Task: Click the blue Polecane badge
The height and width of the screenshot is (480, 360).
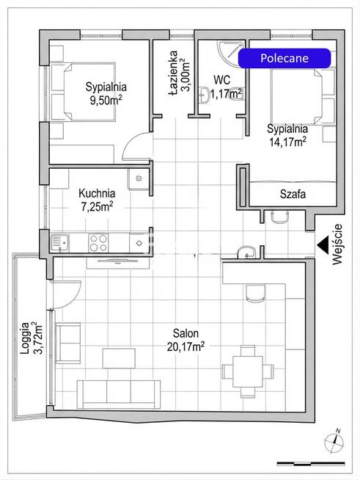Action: point(284,58)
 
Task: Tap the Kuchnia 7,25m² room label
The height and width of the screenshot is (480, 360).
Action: point(97,200)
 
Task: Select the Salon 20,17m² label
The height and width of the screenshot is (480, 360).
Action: point(185,340)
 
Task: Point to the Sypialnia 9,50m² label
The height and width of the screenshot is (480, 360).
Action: point(106,93)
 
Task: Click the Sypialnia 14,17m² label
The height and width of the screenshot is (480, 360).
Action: point(287,135)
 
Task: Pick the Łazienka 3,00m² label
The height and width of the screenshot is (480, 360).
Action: point(179,73)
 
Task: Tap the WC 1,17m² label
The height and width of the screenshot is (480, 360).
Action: point(226,87)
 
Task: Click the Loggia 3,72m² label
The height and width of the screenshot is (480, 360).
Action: point(31,338)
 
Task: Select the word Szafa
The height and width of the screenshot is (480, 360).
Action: point(293,194)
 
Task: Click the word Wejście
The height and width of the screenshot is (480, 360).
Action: point(338,244)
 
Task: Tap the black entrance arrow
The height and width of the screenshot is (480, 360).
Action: point(323,244)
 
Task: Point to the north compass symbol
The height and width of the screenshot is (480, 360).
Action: point(334,442)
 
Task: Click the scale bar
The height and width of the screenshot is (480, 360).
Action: point(311,464)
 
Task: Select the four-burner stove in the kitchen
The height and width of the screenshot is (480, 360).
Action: point(98,243)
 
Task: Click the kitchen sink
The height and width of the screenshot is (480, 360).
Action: point(60,243)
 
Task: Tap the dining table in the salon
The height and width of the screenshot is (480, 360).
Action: point(248,371)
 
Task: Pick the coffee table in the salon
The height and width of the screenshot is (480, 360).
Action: point(119,358)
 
